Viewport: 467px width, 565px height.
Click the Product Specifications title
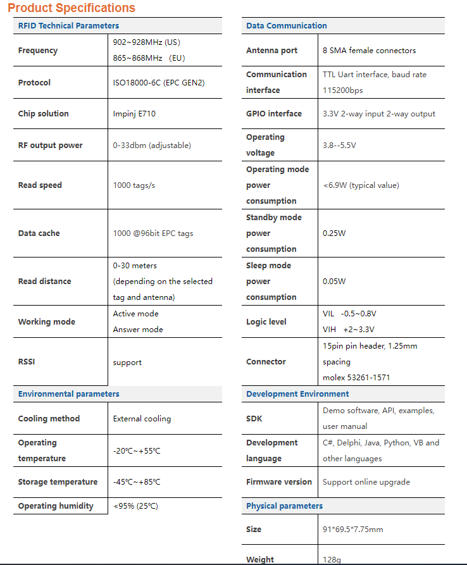[72, 8]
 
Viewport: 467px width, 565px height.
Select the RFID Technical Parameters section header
[68, 26]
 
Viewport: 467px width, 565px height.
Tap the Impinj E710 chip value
[134, 114]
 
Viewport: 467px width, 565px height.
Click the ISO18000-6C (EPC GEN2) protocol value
[159, 83]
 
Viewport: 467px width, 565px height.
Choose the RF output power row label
[50, 146]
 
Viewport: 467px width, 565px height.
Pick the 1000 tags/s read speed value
[134, 185]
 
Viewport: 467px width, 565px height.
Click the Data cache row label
[39, 233]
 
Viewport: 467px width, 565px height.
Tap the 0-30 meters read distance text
[135, 266]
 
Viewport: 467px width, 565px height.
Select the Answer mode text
[138, 330]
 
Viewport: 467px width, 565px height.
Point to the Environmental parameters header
[68, 394]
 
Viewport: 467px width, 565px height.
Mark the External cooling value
[142, 419]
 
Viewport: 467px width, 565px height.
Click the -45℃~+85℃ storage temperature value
[137, 482]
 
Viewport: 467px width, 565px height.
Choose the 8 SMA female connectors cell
[369, 51]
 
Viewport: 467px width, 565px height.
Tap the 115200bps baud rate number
[343, 90]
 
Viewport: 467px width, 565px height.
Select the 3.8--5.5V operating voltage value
[339, 146]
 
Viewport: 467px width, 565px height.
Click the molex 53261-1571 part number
[356, 378]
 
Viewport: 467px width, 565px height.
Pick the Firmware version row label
[278, 482]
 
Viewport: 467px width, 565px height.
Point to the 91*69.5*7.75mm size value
[352, 530]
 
